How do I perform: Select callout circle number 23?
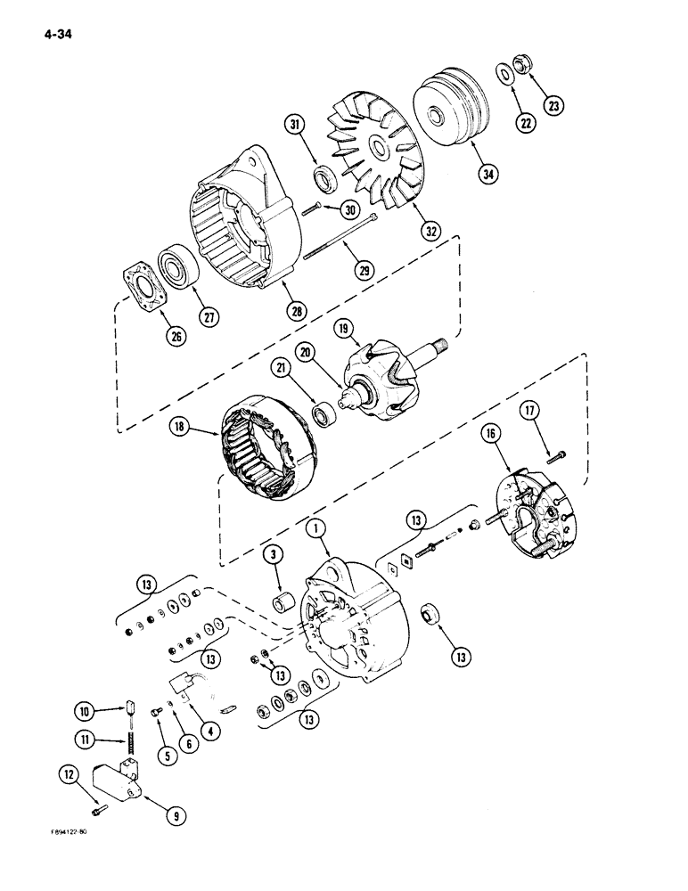556,104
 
